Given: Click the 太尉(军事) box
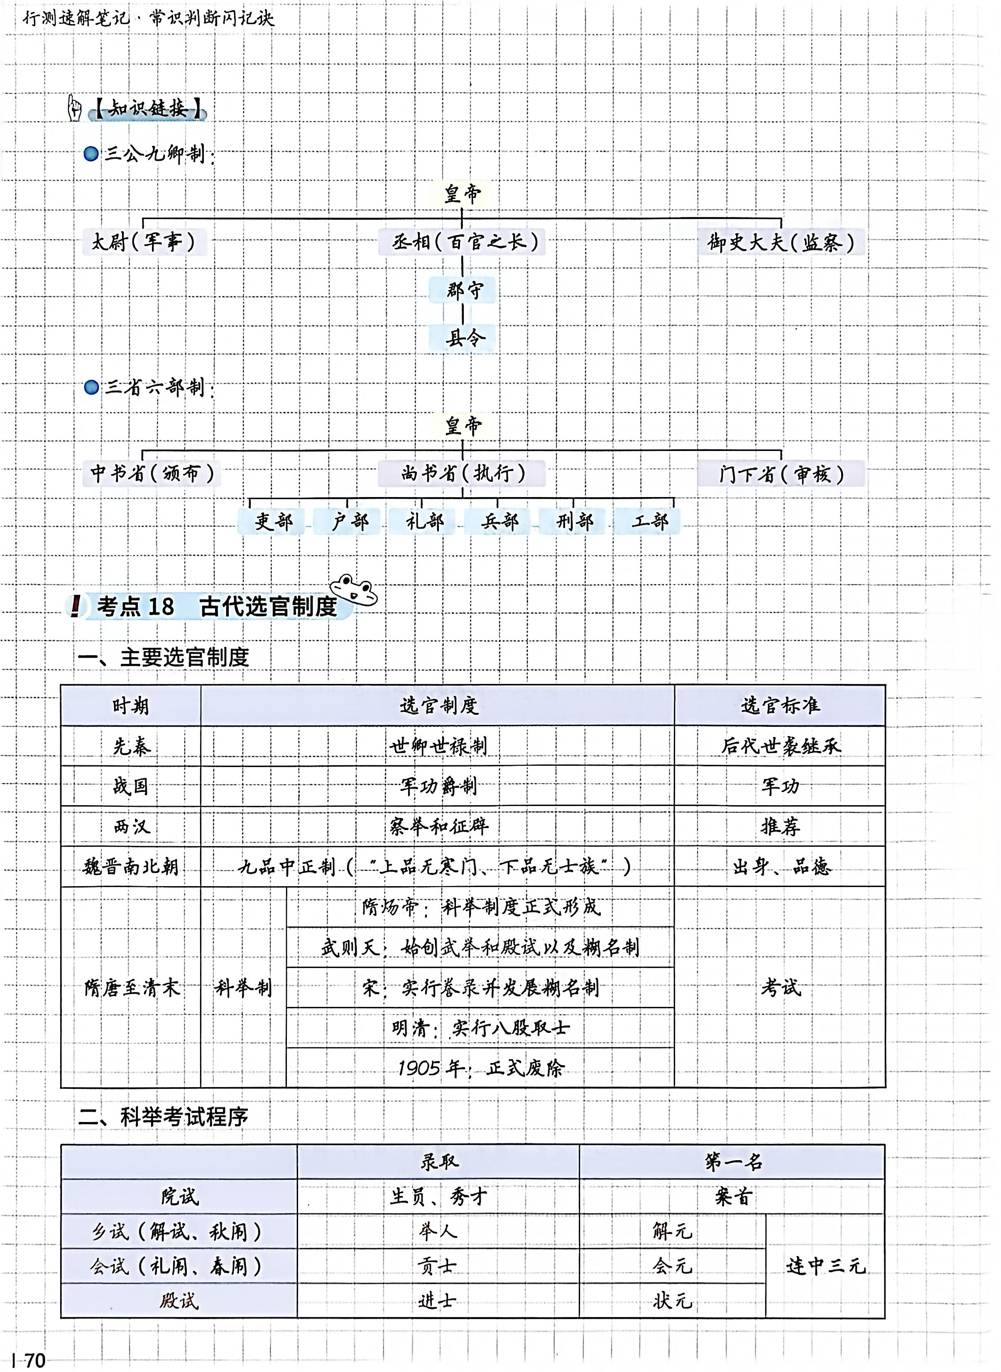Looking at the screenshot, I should coord(144,242).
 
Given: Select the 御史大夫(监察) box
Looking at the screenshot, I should coord(781,243).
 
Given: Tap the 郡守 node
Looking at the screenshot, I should coord(463,290).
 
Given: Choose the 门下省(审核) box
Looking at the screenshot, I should coord(781,474).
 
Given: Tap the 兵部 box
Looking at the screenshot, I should coord(499,521).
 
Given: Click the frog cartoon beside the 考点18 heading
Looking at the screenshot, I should coord(353,590).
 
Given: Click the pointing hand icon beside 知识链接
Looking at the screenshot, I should coord(75,108).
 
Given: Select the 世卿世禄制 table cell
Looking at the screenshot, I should coord(438,746).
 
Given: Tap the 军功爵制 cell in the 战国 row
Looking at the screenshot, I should coord(438,786).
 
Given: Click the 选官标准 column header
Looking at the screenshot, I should coord(780,706).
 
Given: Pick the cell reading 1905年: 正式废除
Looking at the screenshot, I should coord(480,1068).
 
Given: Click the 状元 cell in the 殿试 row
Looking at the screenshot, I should coord(672,1301).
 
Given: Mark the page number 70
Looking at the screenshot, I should coord(34,1360).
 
